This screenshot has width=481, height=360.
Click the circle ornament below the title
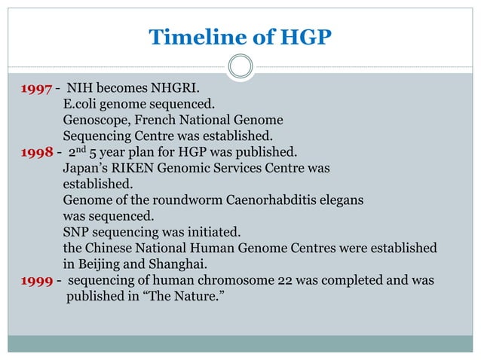coord(240,66)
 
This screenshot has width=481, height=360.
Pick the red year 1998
coord(35,152)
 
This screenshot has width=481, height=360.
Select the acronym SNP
coord(77,232)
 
